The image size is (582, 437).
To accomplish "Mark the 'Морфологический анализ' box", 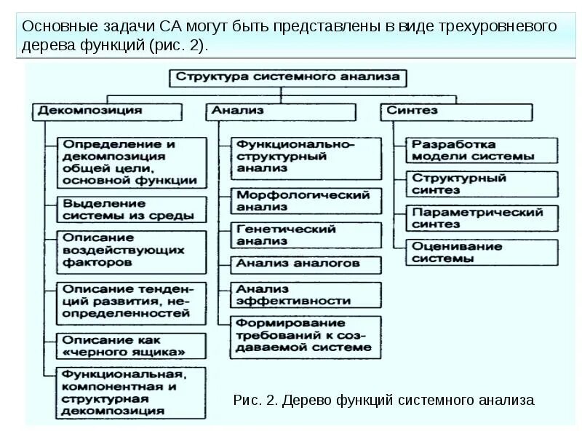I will (306, 200).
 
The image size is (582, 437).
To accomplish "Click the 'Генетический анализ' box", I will (306, 235).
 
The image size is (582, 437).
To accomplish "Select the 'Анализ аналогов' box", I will (306, 264).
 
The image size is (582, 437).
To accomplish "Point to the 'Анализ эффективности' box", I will (306, 294).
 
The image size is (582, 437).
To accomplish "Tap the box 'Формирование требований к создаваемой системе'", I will (306, 335).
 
